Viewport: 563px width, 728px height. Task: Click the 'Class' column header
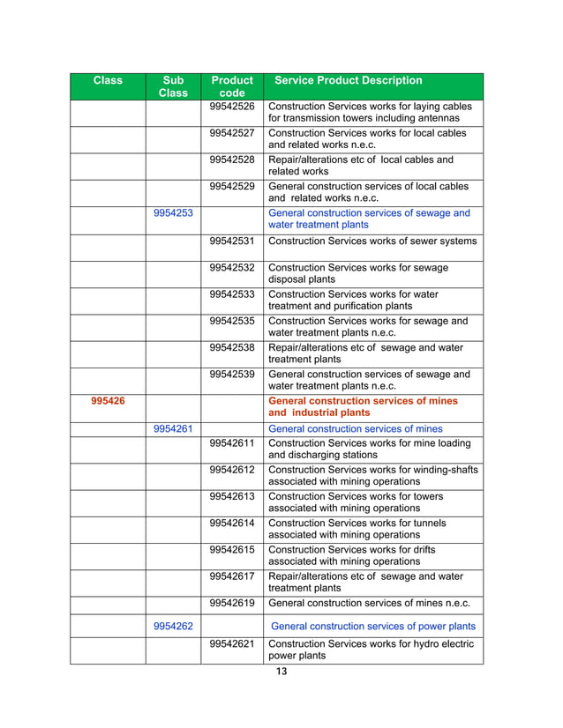108,81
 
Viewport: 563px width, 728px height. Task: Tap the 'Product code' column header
231,86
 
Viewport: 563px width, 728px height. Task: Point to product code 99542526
232,107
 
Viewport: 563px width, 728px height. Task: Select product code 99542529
232,187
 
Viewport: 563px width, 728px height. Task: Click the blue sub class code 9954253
174,213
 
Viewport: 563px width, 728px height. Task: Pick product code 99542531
232,241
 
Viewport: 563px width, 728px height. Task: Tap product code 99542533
232,294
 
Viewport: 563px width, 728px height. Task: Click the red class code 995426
108,401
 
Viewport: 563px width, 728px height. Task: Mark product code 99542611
232,443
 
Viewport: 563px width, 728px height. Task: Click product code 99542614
232,524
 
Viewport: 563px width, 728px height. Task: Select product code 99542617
232,576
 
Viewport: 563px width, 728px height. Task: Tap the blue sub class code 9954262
174,627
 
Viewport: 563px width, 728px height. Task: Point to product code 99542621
232,644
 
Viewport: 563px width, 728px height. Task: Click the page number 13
281,672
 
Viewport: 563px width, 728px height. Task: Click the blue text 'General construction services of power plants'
373,627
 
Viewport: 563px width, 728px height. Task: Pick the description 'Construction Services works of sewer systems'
372,241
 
